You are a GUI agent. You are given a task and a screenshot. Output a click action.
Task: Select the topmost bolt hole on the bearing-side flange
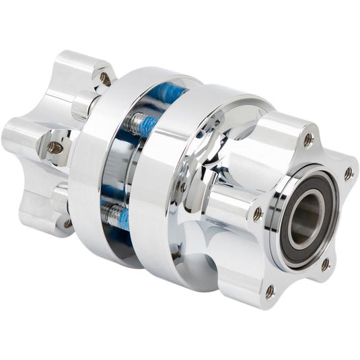[x=308, y=140]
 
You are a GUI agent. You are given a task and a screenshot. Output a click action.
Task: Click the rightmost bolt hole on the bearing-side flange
[x=349, y=174]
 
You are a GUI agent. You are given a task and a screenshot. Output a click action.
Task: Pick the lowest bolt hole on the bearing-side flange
[x=270, y=291]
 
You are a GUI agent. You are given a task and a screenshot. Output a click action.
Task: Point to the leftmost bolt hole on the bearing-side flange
[x=257, y=213]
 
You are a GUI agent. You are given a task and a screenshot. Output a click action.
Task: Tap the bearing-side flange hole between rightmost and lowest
[x=325, y=264]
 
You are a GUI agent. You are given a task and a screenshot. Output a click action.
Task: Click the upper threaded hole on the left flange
[x=104, y=78]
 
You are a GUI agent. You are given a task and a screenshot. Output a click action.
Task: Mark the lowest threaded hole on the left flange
[x=68, y=223]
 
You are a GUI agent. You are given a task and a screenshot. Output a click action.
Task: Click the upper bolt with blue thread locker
[x=141, y=123]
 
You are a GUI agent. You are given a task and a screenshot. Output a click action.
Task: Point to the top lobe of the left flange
[x=84, y=71]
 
